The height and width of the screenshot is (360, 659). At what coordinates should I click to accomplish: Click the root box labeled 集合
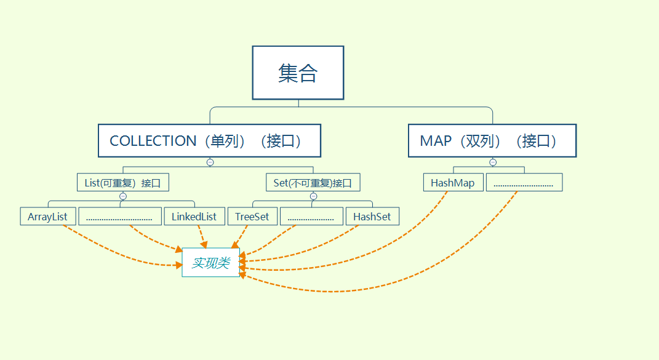[x=298, y=73]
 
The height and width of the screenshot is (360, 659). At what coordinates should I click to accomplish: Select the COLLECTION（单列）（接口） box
[x=209, y=141]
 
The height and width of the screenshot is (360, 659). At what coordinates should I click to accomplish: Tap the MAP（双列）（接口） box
[x=492, y=141]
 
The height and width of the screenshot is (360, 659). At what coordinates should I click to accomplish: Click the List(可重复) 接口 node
[x=123, y=183]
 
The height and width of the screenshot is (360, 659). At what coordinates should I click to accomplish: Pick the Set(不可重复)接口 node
[x=313, y=183]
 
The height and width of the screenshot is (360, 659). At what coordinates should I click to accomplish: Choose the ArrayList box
[x=47, y=217]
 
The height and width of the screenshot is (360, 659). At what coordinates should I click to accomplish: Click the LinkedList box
[x=194, y=217]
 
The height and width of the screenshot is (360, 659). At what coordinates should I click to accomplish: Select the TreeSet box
[x=252, y=217]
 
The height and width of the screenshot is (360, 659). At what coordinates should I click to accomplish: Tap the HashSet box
[x=372, y=217]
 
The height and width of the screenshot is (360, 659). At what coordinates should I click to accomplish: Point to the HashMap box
[x=453, y=183]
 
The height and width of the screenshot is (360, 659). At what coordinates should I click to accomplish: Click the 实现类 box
[x=210, y=263]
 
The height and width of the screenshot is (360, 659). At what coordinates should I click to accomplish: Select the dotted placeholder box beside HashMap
[x=524, y=183]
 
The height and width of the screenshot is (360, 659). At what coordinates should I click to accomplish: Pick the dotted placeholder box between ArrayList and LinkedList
[x=120, y=217]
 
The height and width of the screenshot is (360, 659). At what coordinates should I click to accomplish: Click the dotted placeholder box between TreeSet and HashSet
[x=311, y=217]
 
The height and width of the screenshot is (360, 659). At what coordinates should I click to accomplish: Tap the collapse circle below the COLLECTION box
[x=210, y=162]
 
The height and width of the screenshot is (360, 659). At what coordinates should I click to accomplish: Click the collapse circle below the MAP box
[x=492, y=162]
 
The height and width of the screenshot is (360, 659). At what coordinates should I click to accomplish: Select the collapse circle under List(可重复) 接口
[x=122, y=196]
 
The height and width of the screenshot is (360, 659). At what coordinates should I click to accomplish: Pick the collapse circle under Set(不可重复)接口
[x=313, y=196]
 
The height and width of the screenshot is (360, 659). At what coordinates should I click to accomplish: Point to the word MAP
[x=436, y=141]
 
